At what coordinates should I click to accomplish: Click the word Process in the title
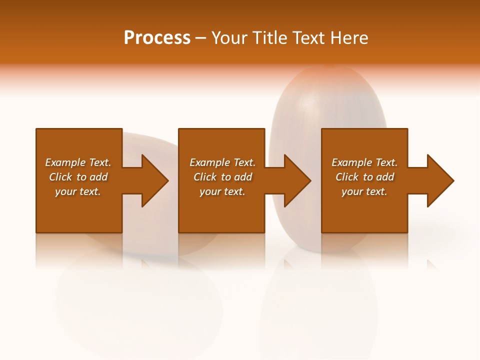(157, 38)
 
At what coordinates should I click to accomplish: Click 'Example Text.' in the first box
(78, 162)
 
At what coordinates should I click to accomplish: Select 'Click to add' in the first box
(78, 177)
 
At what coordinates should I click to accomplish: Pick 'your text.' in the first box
(78, 191)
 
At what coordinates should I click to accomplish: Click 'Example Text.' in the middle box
(222, 162)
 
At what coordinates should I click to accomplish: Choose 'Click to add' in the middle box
(222, 177)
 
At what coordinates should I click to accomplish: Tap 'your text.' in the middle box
(222, 191)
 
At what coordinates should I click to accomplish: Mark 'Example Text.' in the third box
(364, 162)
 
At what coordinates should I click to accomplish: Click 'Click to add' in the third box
(364, 177)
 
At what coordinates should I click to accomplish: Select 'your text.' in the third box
(364, 191)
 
